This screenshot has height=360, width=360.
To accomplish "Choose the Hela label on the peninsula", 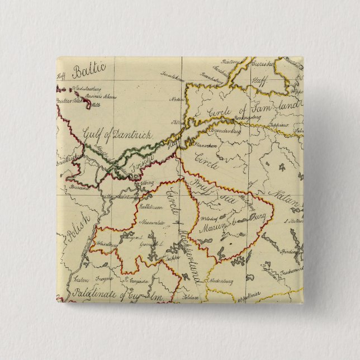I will coord(95,105).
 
